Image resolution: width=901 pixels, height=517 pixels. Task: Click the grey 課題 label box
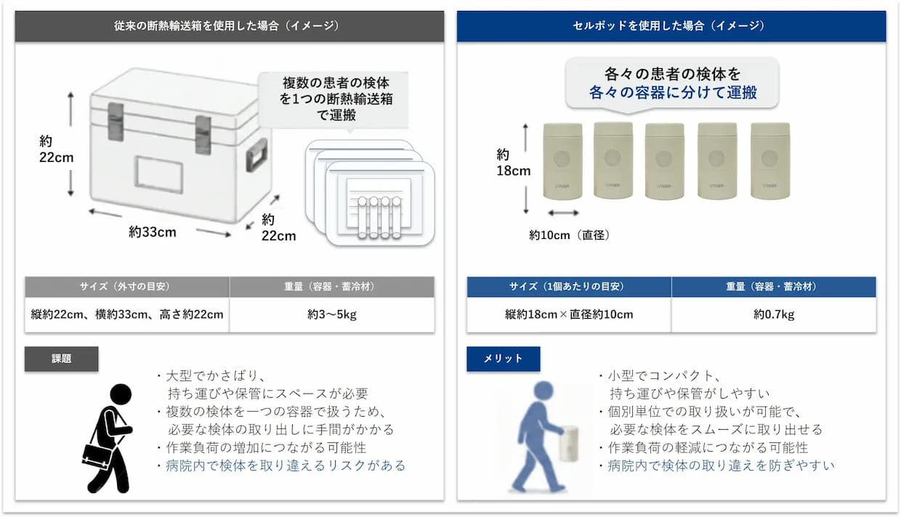tap(61, 359)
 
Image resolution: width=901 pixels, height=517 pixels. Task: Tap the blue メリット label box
tap(504, 359)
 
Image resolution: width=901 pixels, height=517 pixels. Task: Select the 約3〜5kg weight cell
tap(332, 314)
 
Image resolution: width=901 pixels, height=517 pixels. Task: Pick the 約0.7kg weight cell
tap(774, 314)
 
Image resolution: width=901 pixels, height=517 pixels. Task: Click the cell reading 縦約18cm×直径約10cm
tap(569, 314)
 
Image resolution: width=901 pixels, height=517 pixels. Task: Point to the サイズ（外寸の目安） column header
tap(126, 287)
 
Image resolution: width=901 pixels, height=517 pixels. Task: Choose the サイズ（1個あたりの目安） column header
tap(569, 287)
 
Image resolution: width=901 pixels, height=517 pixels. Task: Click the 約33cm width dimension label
tap(153, 232)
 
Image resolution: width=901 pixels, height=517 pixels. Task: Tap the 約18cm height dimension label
tap(513, 163)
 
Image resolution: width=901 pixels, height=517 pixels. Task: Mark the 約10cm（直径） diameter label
tap(569, 235)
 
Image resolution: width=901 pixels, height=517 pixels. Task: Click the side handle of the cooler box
tap(256, 155)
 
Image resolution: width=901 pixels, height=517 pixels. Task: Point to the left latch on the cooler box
tap(116, 121)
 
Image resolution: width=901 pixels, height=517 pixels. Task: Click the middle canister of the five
tap(664, 161)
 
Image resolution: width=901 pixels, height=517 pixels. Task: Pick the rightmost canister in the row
tap(770, 160)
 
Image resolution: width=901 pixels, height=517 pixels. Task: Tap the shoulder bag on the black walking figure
tap(97, 455)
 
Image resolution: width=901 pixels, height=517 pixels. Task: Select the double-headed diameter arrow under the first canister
tap(563, 213)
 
